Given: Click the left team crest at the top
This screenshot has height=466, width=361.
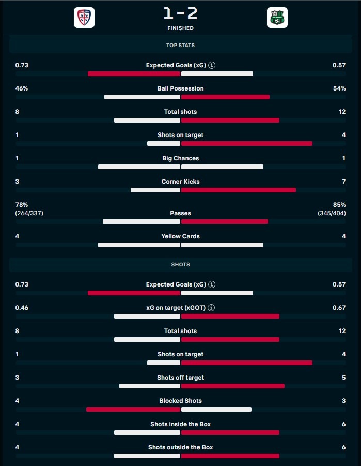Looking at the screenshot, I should click(84, 18).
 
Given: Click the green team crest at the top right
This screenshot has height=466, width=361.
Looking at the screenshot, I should click(277, 18).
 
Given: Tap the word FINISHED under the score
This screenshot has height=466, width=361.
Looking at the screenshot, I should click(180, 28).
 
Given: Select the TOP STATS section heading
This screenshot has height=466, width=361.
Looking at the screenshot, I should click(180, 46).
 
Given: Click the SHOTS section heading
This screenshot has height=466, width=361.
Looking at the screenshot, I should click(180, 264).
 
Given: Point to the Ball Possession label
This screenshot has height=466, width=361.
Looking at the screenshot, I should click(180, 88).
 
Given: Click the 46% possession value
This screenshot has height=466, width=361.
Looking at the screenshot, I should click(22, 88).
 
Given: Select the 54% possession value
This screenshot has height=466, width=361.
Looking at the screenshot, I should click(339, 88).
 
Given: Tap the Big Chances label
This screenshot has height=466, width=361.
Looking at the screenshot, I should click(180, 158).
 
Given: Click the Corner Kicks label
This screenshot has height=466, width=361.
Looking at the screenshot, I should click(180, 182).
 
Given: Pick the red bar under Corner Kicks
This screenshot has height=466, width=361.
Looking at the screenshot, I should click(239, 190).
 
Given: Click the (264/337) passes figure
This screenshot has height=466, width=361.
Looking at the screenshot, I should click(29, 213).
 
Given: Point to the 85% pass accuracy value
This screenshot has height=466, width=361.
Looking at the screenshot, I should click(339, 205).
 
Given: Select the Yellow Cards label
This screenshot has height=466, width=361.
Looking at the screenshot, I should click(180, 236).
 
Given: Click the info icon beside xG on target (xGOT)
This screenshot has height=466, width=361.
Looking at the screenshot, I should click(212, 308).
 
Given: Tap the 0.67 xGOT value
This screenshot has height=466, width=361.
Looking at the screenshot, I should click(339, 308).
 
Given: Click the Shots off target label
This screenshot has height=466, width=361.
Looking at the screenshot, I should click(180, 378).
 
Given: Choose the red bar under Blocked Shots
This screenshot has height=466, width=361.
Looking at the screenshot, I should click(133, 409).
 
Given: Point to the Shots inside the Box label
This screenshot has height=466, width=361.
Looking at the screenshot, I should click(180, 424).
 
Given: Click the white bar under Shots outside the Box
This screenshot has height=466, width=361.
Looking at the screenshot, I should click(147, 456).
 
